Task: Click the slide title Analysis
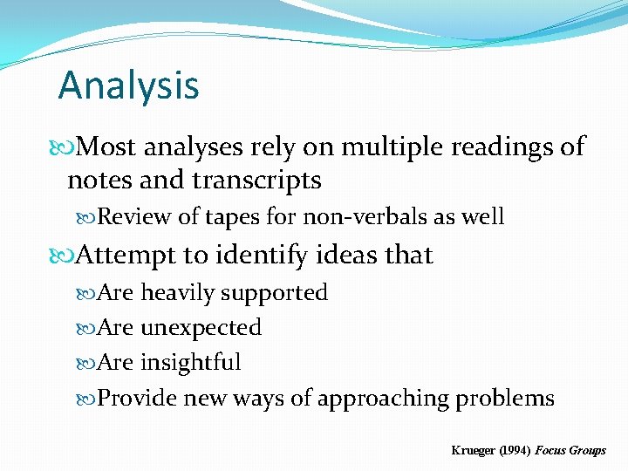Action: (x=128, y=85)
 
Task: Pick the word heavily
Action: (x=178, y=293)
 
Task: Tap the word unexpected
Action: (x=201, y=328)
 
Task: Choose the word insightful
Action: (x=191, y=363)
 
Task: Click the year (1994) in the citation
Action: (x=512, y=450)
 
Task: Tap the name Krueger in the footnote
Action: (x=472, y=450)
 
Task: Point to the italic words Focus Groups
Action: (x=570, y=450)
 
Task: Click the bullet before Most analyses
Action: (x=67, y=147)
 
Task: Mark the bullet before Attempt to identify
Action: (x=67, y=256)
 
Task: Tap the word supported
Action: (x=275, y=294)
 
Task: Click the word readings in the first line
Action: (x=503, y=147)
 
